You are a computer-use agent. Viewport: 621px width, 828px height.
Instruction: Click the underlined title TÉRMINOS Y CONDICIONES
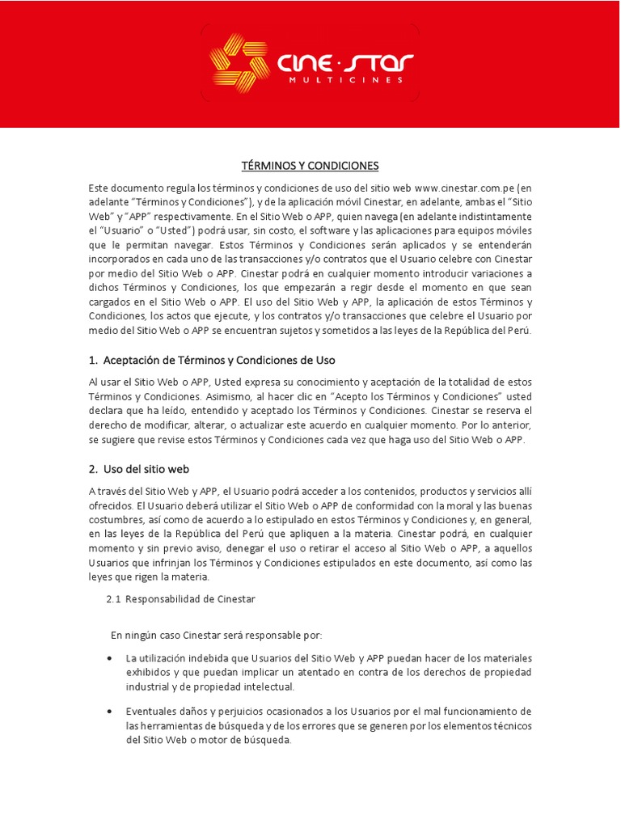coord(310,166)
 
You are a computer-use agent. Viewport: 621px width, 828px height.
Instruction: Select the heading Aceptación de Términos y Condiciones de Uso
coord(219,360)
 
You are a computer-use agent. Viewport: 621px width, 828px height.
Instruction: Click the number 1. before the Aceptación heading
coord(93,360)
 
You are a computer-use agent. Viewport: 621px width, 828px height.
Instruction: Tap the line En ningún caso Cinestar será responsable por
coord(216,635)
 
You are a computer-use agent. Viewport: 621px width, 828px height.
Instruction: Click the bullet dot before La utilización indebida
coord(110,658)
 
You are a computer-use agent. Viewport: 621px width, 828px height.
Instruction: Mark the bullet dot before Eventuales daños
coord(110,712)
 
